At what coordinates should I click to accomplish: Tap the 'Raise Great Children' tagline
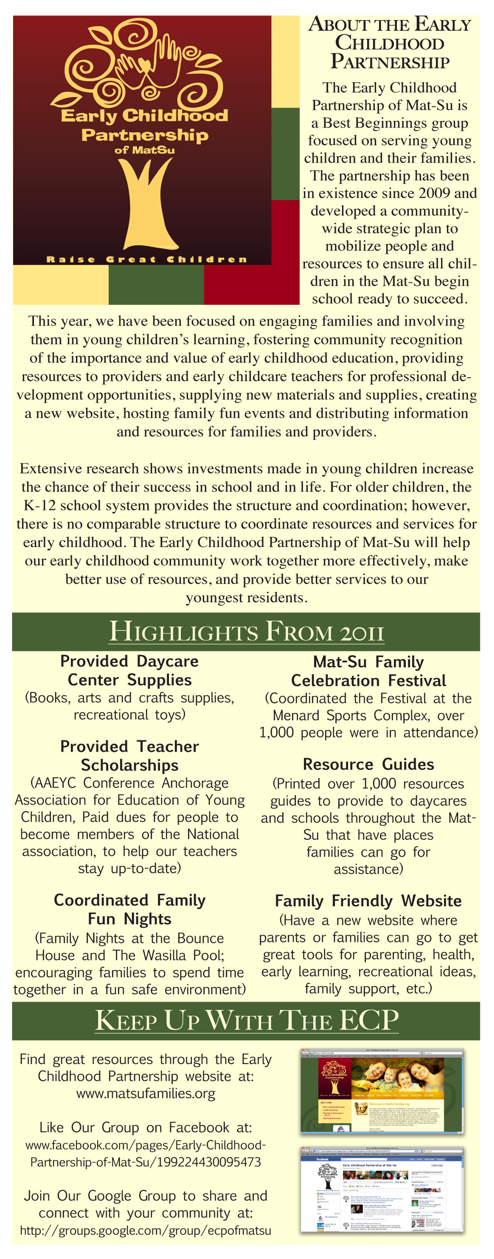point(147,259)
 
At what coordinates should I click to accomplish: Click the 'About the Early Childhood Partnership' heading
point(389,43)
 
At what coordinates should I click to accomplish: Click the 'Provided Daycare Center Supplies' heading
point(130,670)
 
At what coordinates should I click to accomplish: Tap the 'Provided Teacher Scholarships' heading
point(130,755)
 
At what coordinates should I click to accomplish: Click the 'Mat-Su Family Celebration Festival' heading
point(369,671)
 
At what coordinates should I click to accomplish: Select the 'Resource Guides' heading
point(369,764)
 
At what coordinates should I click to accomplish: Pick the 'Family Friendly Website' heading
point(369,901)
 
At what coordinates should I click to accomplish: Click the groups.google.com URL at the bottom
point(145,1230)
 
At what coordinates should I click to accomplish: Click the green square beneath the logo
point(156,284)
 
